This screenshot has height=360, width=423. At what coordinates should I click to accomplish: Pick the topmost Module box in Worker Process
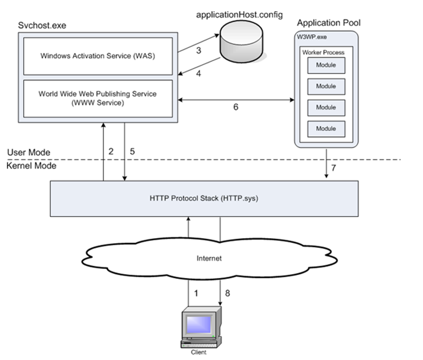(x=326, y=65)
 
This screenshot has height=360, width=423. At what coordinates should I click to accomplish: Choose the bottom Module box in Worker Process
(x=326, y=129)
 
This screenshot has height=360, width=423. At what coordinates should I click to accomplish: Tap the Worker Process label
(x=323, y=52)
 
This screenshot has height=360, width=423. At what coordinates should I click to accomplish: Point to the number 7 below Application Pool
(x=334, y=169)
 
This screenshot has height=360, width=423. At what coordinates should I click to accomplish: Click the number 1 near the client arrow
(x=196, y=293)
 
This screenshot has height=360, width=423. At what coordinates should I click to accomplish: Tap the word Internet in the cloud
(x=207, y=259)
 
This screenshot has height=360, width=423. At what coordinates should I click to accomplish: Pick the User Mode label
(x=29, y=153)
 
